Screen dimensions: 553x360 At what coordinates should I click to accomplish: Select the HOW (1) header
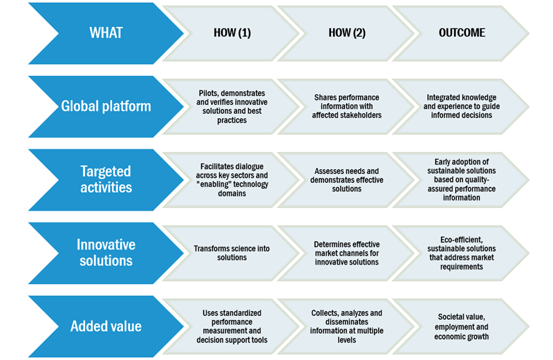tap(232, 33)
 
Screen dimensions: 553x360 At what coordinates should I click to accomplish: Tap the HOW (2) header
tap(347, 33)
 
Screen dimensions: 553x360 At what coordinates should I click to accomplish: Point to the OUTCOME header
tap(462, 33)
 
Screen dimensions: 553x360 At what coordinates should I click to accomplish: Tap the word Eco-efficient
tap(461, 240)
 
